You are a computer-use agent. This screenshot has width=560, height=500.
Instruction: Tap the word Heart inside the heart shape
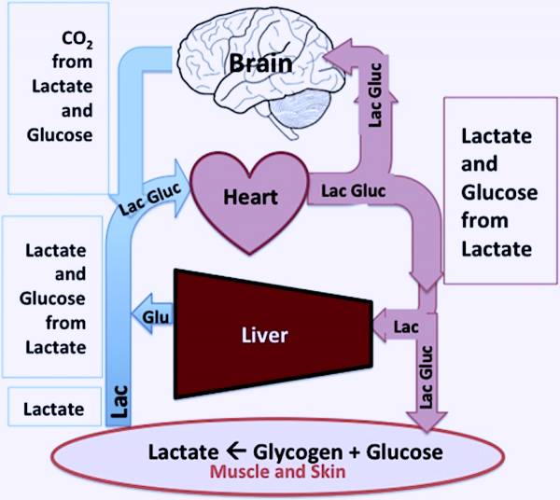247,198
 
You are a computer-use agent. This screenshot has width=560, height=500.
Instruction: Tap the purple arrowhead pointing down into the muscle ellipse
425,419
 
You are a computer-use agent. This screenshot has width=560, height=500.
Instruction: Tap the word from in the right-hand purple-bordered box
484,221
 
